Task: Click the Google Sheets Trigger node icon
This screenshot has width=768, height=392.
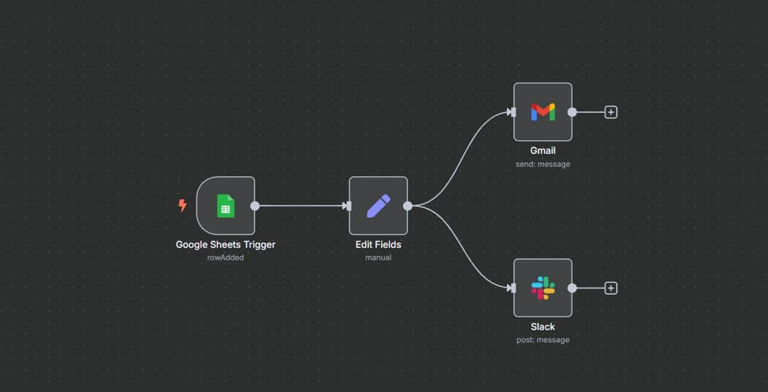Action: click(225, 206)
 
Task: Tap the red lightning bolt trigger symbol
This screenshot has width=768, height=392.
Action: click(182, 205)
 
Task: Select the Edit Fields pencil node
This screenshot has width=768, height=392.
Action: click(378, 206)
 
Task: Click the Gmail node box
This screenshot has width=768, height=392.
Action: click(543, 112)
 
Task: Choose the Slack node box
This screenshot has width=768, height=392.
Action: click(543, 288)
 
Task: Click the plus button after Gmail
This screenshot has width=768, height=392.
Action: click(611, 112)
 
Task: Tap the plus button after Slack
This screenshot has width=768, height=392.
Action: click(611, 288)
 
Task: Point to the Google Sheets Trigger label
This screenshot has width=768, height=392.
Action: click(225, 244)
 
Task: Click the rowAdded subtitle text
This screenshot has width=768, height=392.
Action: click(225, 258)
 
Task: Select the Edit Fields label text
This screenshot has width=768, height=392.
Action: click(378, 244)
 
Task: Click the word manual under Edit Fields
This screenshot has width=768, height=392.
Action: click(378, 258)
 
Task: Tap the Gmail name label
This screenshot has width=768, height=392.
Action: click(543, 151)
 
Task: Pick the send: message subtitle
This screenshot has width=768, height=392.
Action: click(543, 164)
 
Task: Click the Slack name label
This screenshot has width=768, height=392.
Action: click(543, 327)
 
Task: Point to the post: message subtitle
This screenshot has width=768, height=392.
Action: click(543, 340)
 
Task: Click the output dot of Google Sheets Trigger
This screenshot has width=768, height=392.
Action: click(255, 206)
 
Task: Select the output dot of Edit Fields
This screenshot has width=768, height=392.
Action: click(408, 206)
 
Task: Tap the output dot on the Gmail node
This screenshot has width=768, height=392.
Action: click(572, 112)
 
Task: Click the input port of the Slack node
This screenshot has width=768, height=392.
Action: click(512, 288)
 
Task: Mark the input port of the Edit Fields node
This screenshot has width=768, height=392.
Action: click(347, 206)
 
